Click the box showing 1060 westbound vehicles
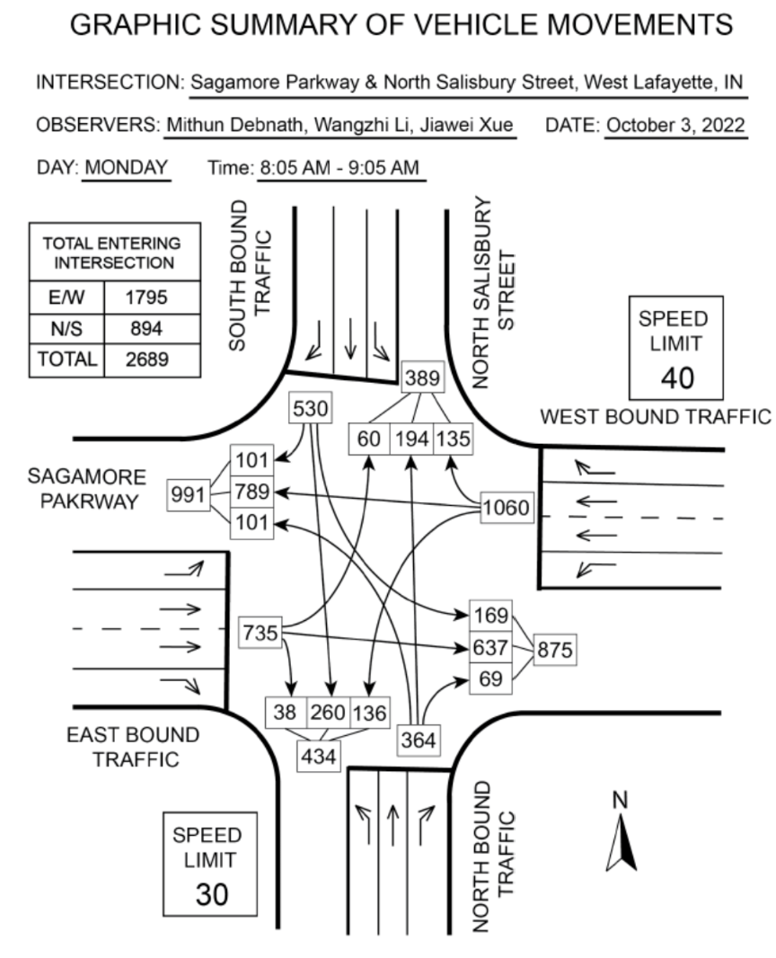[506, 509]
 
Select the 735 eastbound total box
[261, 632]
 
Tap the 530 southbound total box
[311, 408]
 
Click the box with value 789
[253, 492]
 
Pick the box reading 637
[489, 647]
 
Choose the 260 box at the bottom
[328, 714]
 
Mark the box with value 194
[412, 439]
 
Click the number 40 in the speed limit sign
[677, 377]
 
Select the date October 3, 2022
[676, 125]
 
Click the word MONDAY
[127, 167]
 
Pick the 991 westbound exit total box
[187, 493]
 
